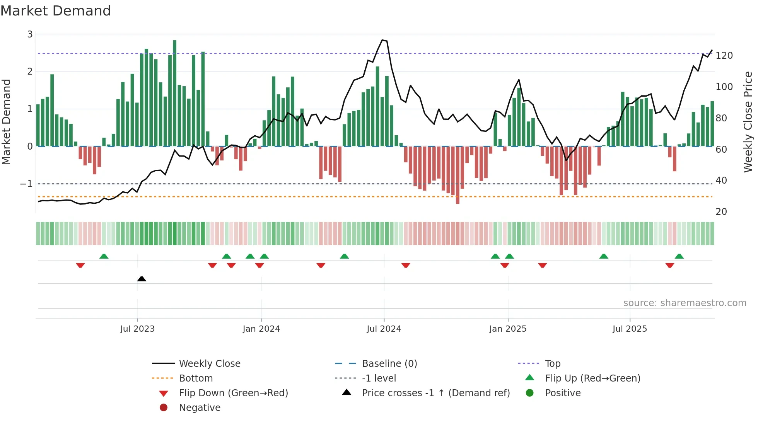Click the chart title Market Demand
[x=56, y=11]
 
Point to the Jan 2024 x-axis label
[x=261, y=329]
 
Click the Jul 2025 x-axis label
[x=630, y=329]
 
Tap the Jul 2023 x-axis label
[x=137, y=329]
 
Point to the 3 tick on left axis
[x=30, y=34]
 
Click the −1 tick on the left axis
[x=27, y=184]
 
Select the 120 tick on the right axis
[x=724, y=55]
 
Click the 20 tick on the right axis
[x=721, y=211]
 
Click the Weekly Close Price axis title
[x=748, y=122]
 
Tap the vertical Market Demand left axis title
[x=6, y=122]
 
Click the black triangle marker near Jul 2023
[x=142, y=279]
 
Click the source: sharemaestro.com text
[x=685, y=303]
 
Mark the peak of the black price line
[x=382, y=40]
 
